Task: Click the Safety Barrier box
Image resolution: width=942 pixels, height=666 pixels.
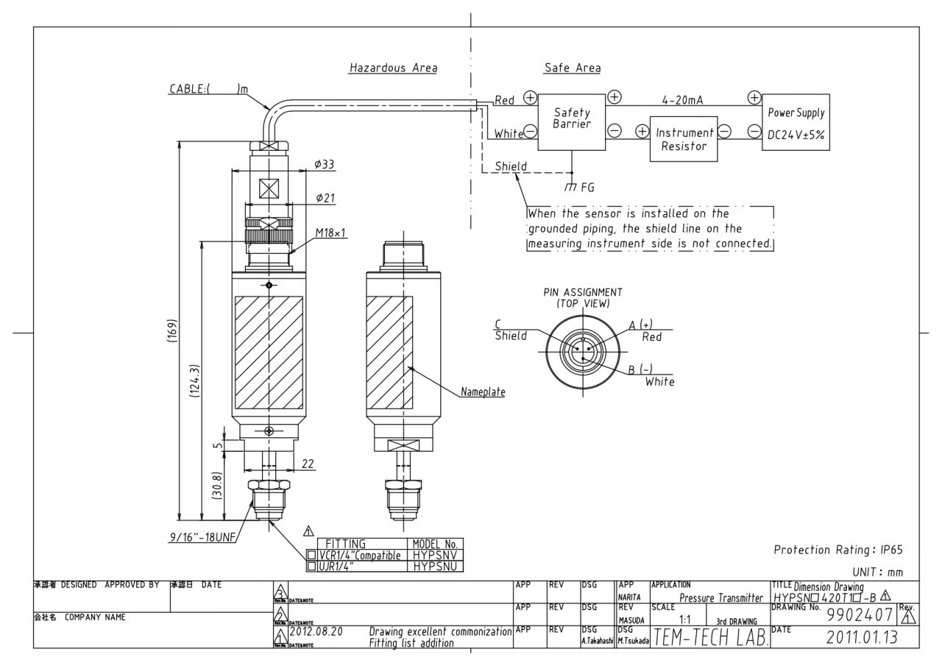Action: point(573,119)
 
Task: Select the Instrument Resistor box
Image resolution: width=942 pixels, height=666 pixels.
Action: point(684,139)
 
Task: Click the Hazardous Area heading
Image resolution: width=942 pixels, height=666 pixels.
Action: point(393,68)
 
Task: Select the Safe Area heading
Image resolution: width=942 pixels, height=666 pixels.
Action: point(572,68)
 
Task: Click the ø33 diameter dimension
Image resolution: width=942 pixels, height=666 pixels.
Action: point(324,164)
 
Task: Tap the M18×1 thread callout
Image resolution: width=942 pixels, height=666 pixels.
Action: point(330,233)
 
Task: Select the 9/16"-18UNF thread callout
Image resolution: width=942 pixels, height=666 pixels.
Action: point(200,538)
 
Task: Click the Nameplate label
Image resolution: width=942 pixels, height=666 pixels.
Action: point(483,392)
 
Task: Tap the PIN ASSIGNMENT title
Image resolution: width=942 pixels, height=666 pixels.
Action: point(582,296)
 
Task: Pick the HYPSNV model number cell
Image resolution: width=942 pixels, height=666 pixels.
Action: point(436,556)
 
